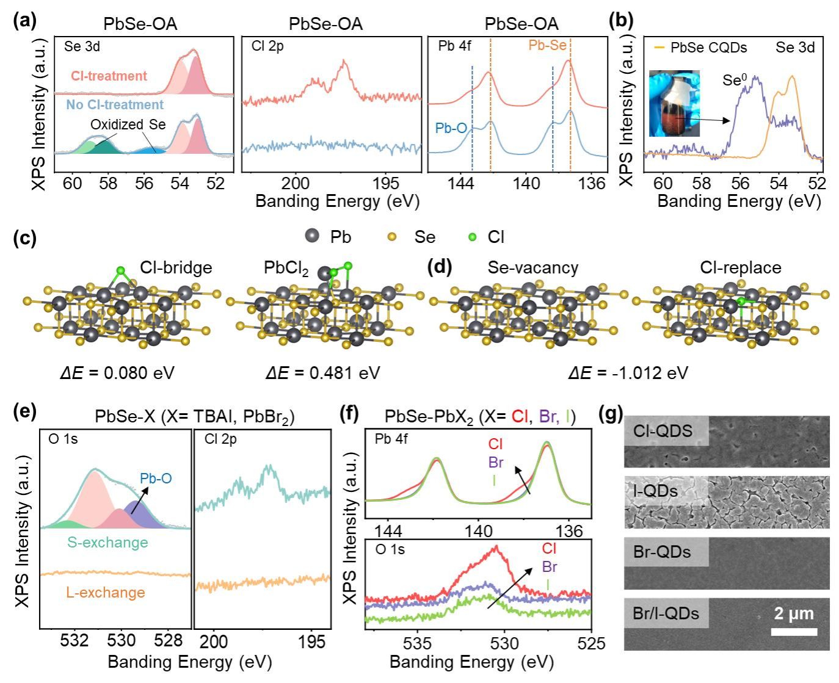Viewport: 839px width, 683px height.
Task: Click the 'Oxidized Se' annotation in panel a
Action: pos(128,125)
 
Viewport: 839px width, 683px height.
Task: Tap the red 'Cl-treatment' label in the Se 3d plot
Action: pos(109,76)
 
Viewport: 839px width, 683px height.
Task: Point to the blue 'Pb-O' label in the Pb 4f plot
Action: pos(451,128)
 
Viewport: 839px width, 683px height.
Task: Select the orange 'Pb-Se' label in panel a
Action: pos(547,46)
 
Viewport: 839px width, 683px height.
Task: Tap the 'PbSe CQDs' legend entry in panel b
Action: pos(708,48)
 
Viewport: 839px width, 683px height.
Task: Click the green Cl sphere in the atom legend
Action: pos(472,237)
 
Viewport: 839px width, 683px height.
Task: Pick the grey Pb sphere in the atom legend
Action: pos(313,236)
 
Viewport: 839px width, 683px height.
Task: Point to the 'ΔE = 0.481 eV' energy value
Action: pos(322,372)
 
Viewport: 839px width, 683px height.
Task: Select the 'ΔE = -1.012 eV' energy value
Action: pos(628,372)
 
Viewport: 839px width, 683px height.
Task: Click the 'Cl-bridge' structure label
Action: pos(176,268)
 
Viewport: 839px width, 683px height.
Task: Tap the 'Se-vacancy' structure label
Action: pos(532,268)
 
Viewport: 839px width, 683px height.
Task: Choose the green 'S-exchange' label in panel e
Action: pos(107,543)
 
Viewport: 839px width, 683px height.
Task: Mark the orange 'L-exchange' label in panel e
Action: pos(106,593)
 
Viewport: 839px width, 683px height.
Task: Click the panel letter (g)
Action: pos(611,416)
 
